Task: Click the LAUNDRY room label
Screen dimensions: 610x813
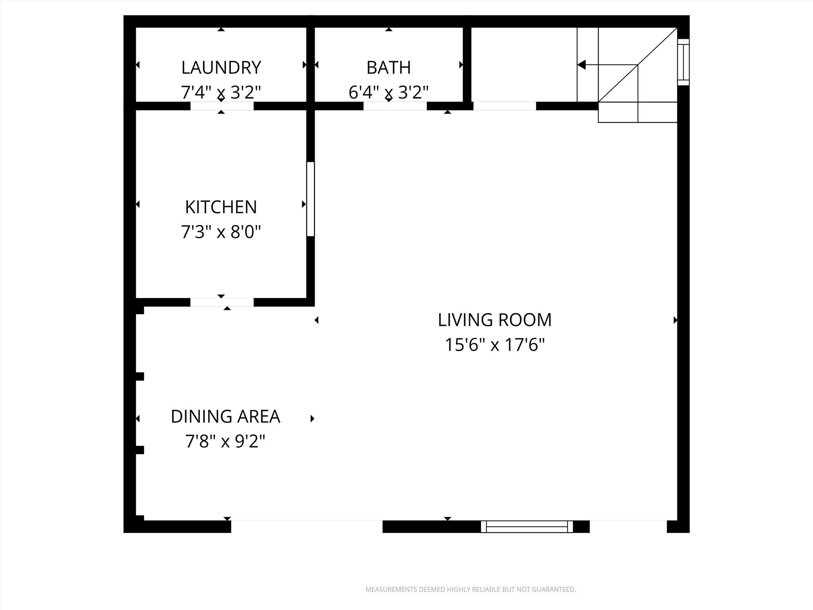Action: click(x=221, y=68)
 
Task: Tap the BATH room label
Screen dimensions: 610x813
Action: click(x=388, y=68)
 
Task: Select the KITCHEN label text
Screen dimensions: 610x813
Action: click(x=221, y=207)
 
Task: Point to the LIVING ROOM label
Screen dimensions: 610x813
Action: click(x=495, y=320)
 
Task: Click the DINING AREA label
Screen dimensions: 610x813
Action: click(x=225, y=416)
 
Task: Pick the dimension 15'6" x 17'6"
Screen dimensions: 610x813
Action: click(x=495, y=344)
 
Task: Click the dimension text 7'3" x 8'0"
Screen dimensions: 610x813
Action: click(x=221, y=232)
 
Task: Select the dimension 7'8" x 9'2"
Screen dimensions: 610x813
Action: click(x=225, y=441)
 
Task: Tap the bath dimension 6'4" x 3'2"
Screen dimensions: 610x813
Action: click(x=388, y=92)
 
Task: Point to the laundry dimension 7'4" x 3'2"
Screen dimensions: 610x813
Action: click(x=221, y=92)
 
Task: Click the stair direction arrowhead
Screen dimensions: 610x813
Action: click(x=582, y=64)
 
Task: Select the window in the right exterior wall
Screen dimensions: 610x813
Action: click(x=683, y=62)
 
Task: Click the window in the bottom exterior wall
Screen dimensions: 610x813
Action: click(x=527, y=527)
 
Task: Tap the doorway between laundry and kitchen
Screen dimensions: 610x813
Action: click(x=222, y=106)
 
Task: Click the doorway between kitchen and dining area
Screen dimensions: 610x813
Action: click(x=222, y=302)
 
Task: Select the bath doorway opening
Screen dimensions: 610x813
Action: click(x=395, y=106)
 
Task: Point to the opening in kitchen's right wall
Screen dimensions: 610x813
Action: click(x=310, y=199)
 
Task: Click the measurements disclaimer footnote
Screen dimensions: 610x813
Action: click(x=470, y=589)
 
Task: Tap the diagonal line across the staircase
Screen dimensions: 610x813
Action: click(x=638, y=65)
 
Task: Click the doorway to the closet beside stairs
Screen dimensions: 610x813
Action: click(x=505, y=106)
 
